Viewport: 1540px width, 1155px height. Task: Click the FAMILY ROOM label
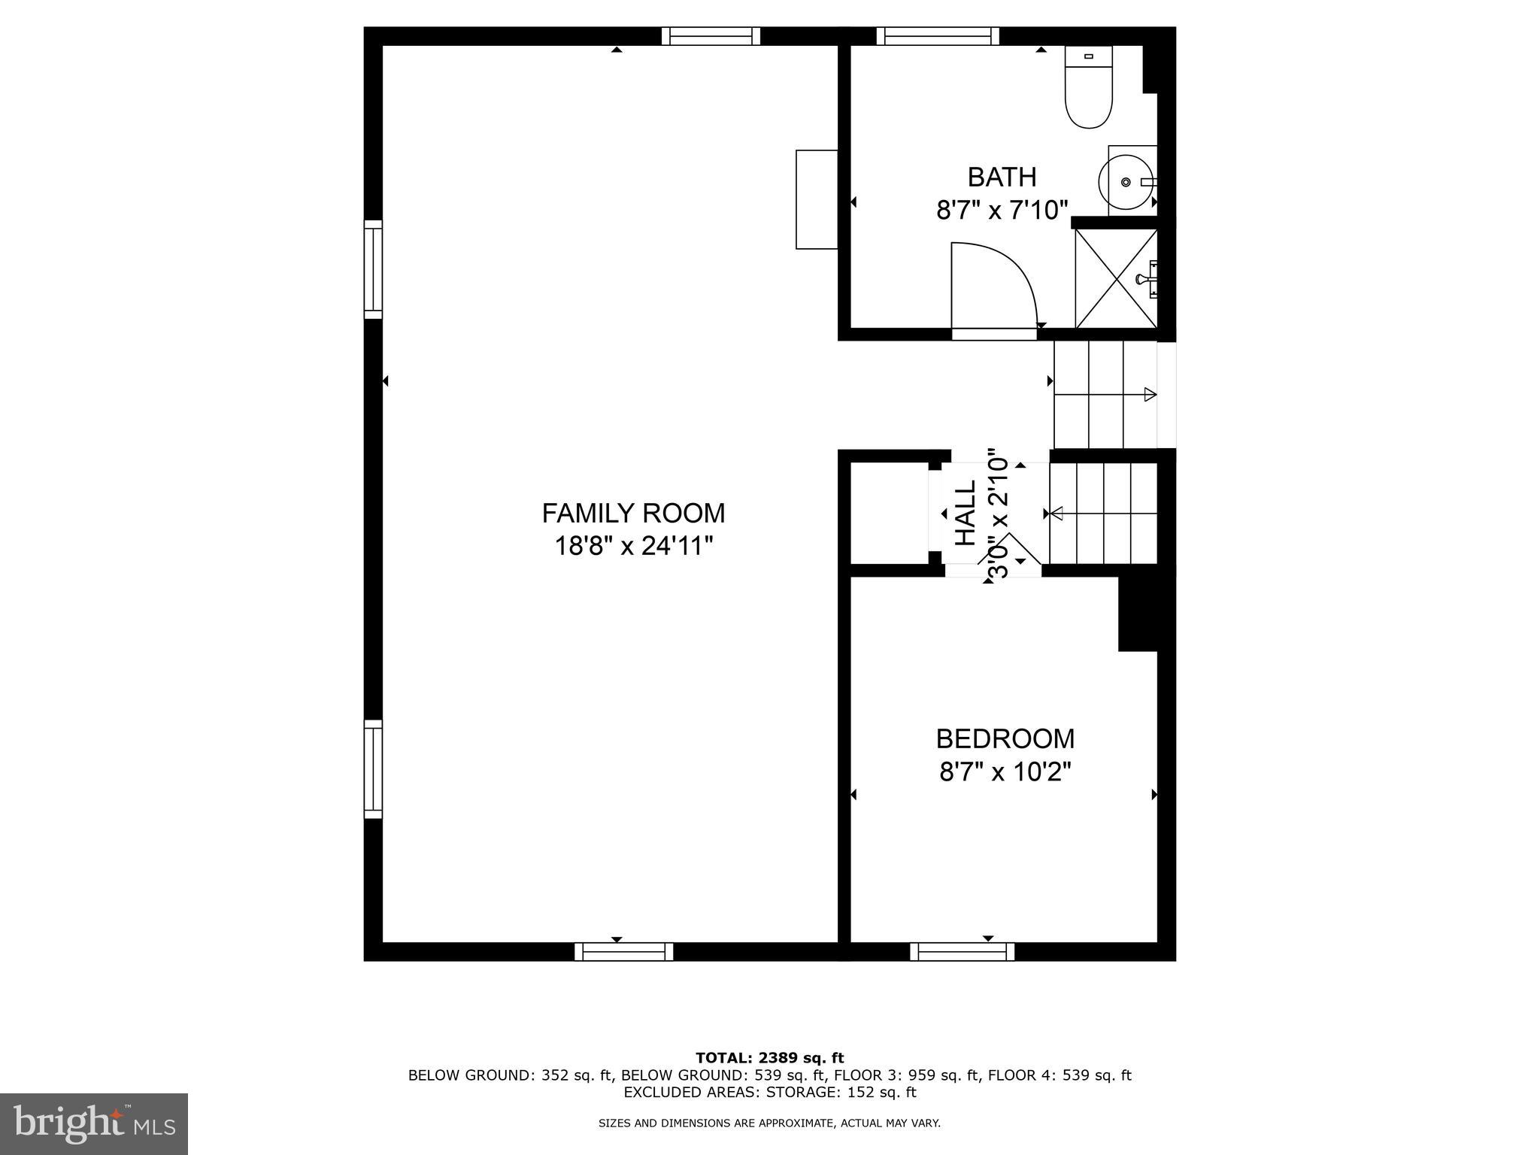point(633,514)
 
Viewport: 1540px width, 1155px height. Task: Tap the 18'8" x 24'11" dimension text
point(633,546)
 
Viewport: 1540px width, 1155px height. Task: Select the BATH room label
point(1002,177)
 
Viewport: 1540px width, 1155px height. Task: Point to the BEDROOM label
point(1005,739)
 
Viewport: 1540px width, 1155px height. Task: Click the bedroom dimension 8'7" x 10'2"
point(1005,772)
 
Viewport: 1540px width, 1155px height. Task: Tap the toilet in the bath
point(1088,87)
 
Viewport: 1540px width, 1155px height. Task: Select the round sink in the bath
point(1125,182)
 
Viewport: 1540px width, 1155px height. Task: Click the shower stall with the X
point(1116,279)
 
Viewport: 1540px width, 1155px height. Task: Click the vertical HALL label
point(965,513)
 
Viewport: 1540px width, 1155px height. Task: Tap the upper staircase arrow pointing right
point(1149,394)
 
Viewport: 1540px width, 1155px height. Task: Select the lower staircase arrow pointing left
point(1057,514)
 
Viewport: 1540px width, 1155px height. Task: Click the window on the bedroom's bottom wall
point(962,952)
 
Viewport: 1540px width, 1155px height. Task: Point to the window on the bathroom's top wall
point(937,36)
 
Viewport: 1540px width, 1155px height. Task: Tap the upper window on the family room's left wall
point(373,269)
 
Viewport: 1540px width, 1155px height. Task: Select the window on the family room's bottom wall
point(623,952)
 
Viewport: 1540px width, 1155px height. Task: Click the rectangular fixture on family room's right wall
point(817,199)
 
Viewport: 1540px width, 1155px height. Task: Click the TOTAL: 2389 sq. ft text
point(769,1059)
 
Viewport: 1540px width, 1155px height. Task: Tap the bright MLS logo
point(94,1123)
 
